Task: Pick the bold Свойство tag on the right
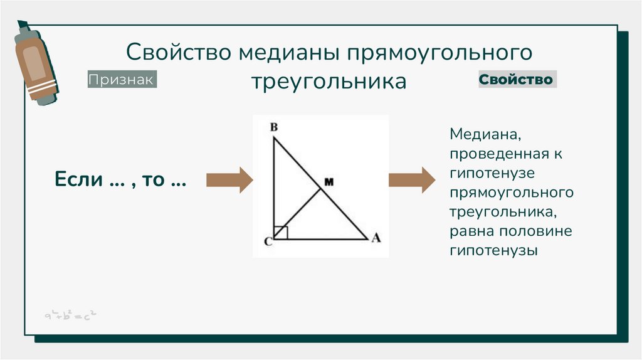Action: (516, 80)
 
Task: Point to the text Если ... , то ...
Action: (120, 180)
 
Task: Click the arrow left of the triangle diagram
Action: (229, 180)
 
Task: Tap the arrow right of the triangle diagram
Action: (411, 180)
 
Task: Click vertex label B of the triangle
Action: (273, 127)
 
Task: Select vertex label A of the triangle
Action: (376, 238)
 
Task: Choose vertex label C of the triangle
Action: (267, 243)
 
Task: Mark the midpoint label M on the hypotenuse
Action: (329, 182)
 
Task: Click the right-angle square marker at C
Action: (281, 233)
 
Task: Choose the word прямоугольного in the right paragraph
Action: (512, 192)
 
